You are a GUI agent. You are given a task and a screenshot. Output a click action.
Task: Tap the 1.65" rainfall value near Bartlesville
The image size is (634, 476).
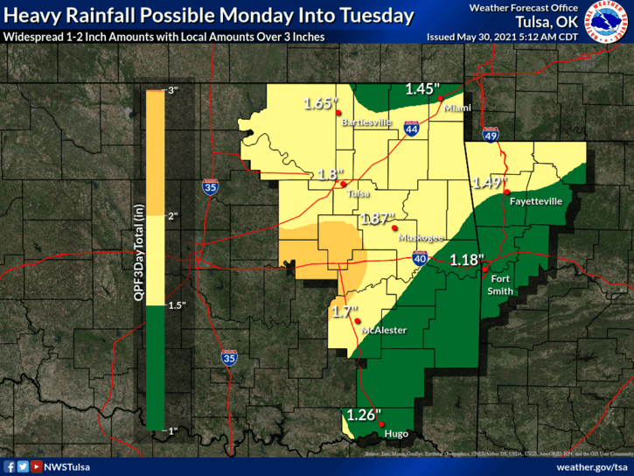(x=320, y=103)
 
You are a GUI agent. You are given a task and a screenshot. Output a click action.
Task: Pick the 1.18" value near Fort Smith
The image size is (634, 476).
(x=466, y=259)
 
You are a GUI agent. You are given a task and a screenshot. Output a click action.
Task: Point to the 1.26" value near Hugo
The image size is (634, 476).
(x=363, y=415)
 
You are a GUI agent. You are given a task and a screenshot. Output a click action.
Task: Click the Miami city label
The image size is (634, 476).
(x=457, y=108)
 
